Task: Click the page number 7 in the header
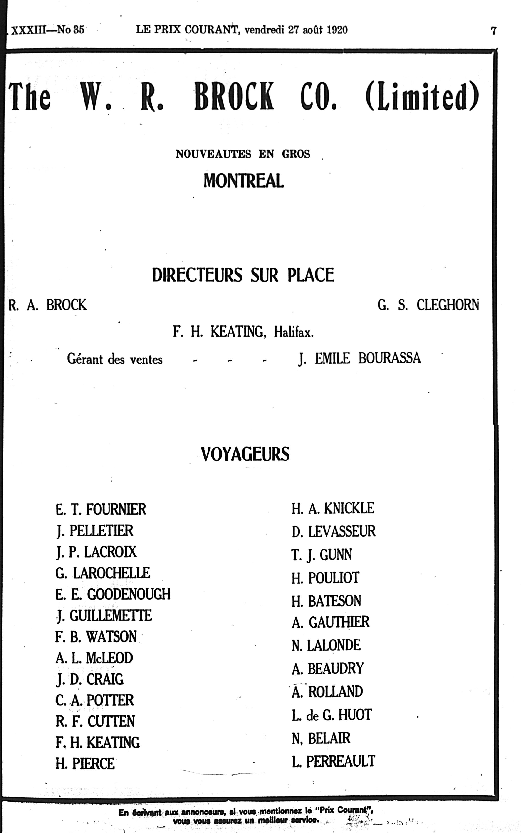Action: click(494, 31)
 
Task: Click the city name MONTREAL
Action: click(243, 181)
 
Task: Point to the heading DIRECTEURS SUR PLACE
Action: click(243, 275)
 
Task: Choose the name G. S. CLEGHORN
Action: click(428, 305)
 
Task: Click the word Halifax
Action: click(294, 332)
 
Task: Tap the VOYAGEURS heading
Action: click(245, 454)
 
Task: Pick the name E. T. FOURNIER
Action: click(101, 509)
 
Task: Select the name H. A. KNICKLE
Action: click(333, 508)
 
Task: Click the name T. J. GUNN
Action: click(322, 555)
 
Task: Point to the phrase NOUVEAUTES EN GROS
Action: click(243, 154)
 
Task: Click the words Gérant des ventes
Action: click(115, 360)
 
